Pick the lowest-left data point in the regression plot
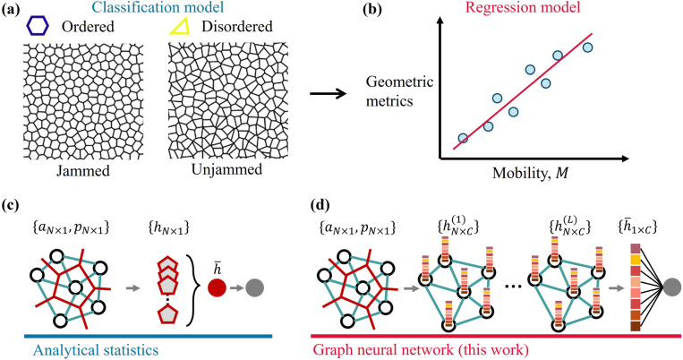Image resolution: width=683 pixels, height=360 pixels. click(462, 139)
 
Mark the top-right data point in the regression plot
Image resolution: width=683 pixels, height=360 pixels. click(587, 47)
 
